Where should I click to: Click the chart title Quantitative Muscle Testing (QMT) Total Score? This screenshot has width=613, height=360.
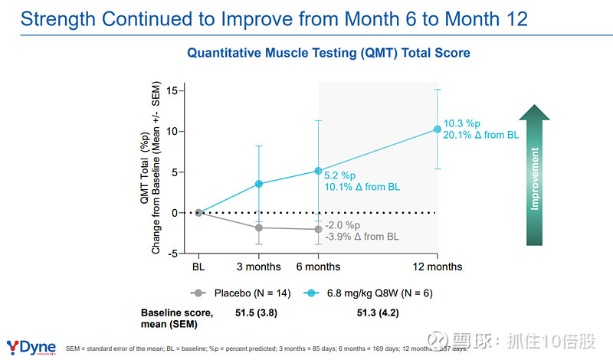[329, 54]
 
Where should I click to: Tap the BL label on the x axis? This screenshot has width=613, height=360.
[198, 267]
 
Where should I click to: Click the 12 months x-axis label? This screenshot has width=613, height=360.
[438, 267]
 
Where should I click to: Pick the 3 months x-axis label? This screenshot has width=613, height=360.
[258, 267]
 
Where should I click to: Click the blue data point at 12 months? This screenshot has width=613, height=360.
[438, 129]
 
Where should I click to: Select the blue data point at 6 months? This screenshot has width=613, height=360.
[318, 171]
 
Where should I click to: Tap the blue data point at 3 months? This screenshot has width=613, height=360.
[258, 184]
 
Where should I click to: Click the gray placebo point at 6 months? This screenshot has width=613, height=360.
[318, 229]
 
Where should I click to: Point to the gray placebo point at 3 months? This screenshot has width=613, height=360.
[258, 227]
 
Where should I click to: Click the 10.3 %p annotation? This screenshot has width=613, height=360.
[461, 123]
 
